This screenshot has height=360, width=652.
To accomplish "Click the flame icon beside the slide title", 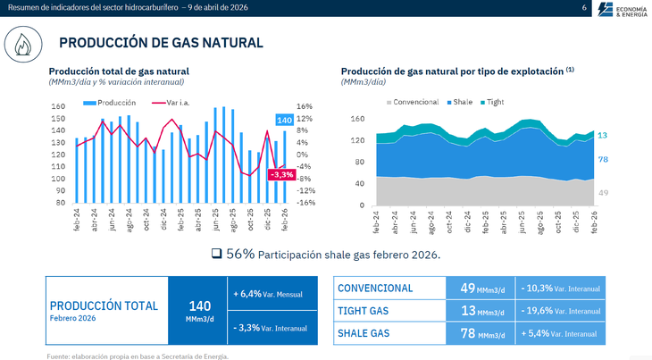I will (25, 42).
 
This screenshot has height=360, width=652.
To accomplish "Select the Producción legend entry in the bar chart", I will (112, 102).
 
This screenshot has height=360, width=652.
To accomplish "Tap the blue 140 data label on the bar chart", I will (284, 120).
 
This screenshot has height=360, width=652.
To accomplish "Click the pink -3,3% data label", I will (280, 174).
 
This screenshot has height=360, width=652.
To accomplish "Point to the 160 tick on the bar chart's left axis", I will (58, 107).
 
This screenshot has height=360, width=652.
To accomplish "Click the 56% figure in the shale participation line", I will (240, 255).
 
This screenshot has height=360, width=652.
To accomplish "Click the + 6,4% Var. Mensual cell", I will (271, 294).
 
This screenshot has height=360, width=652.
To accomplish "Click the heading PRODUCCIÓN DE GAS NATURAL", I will (161, 43).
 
